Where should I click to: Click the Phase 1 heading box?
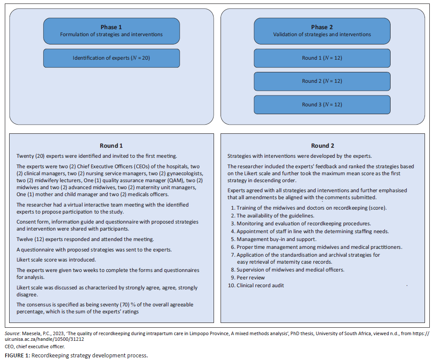point(111,31)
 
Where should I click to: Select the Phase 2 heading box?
point(322,31)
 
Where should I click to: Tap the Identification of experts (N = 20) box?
point(111,58)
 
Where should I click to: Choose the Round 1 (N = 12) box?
point(322,58)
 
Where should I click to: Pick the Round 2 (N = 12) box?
point(322,81)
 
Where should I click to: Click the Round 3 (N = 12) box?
point(322,105)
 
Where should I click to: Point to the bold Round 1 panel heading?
point(111,146)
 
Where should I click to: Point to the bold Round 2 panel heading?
point(322,146)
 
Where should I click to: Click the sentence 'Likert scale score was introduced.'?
point(56,260)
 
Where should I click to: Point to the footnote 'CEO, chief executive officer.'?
point(35,346)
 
